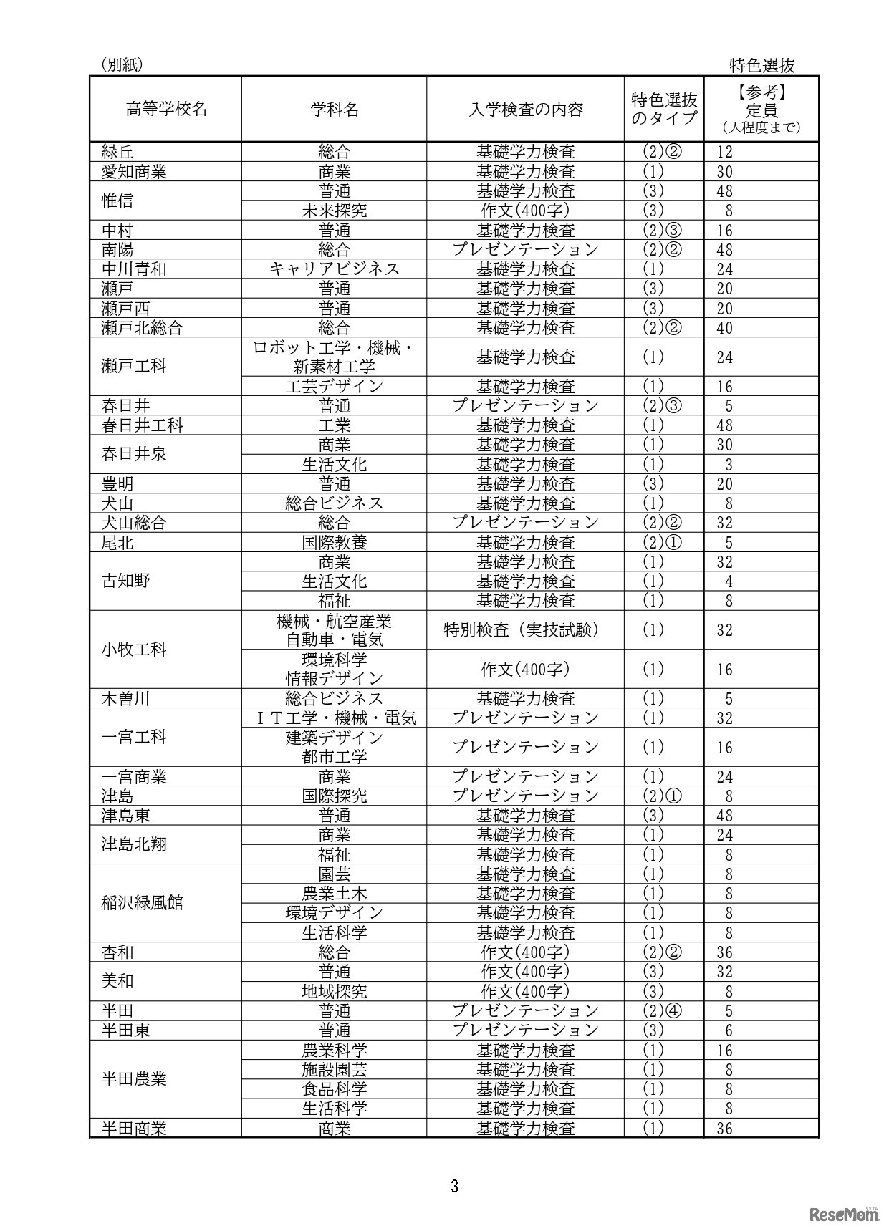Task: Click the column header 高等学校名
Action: tap(166, 110)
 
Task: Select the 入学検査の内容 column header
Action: tap(526, 110)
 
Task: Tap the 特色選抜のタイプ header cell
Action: tap(663, 109)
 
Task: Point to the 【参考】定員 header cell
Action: tap(761, 109)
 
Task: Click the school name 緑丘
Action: tap(117, 152)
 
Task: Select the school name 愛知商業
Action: tap(134, 172)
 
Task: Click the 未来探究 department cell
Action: tap(334, 211)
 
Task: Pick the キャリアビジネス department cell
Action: tap(334, 269)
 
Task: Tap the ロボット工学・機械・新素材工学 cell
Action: tap(334, 357)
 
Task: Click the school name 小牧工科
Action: tap(134, 650)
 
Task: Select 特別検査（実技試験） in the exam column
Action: tap(526, 630)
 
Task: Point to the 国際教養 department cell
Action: tap(334, 543)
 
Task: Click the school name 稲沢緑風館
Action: tap(143, 903)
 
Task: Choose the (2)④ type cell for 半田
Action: tap(663, 1011)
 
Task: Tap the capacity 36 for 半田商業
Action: tap(725, 1129)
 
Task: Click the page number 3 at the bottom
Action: tap(454, 1186)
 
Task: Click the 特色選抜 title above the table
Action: tap(762, 66)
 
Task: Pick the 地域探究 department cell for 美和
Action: tap(334, 992)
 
